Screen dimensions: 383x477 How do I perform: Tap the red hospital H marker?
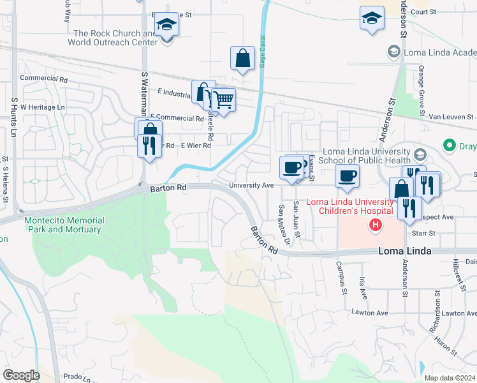click(376, 225)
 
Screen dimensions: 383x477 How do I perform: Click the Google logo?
click(21, 375)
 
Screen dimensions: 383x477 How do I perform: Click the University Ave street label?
click(251, 186)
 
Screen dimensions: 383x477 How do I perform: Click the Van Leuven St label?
click(451, 117)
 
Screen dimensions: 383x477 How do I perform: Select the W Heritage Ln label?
click(43, 107)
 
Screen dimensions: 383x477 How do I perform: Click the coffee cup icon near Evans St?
click(292, 168)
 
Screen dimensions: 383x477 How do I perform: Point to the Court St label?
click(423, 11)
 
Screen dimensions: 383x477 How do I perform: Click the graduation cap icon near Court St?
click(372, 19)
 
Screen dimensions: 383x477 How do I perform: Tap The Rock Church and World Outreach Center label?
click(115, 38)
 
